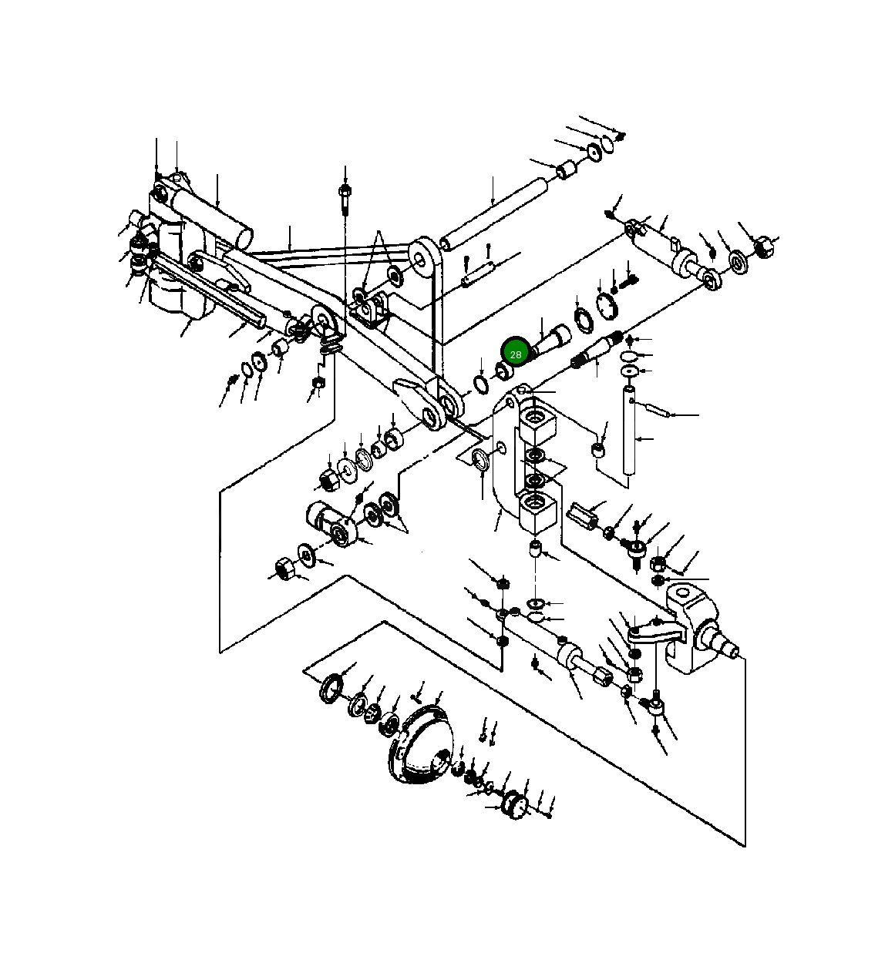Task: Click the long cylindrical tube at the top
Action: (x=493, y=210)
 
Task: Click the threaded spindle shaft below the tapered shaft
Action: (x=598, y=351)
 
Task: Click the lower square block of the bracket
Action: (x=537, y=512)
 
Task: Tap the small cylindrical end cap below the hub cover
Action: (x=513, y=805)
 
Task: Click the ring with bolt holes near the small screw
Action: (x=607, y=307)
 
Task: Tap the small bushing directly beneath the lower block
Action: (x=536, y=550)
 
